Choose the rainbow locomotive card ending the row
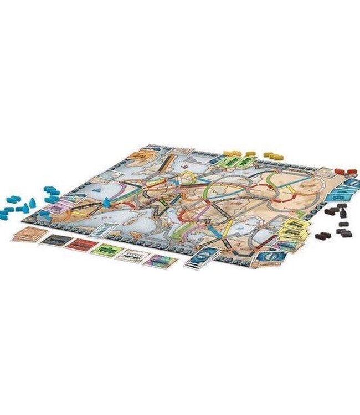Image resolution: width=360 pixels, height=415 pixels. coord(160,261)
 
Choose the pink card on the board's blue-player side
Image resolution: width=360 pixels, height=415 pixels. coord(54,210)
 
